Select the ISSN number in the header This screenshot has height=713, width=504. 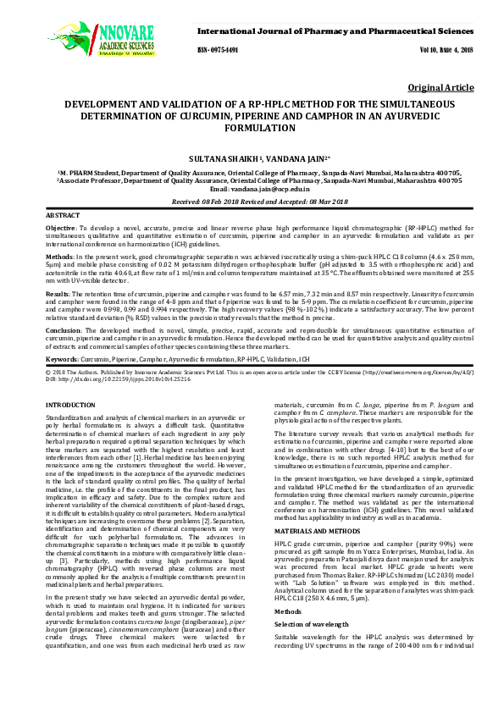[x=219, y=50]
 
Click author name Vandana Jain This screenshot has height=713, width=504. [x=294, y=158]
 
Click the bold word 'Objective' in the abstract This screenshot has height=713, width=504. [x=59, y=229]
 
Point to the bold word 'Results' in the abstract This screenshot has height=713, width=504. [x=58, y=291]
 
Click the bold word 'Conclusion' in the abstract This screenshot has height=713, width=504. [x=64, y=329]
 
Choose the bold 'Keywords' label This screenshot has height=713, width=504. [x=62, y=359]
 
